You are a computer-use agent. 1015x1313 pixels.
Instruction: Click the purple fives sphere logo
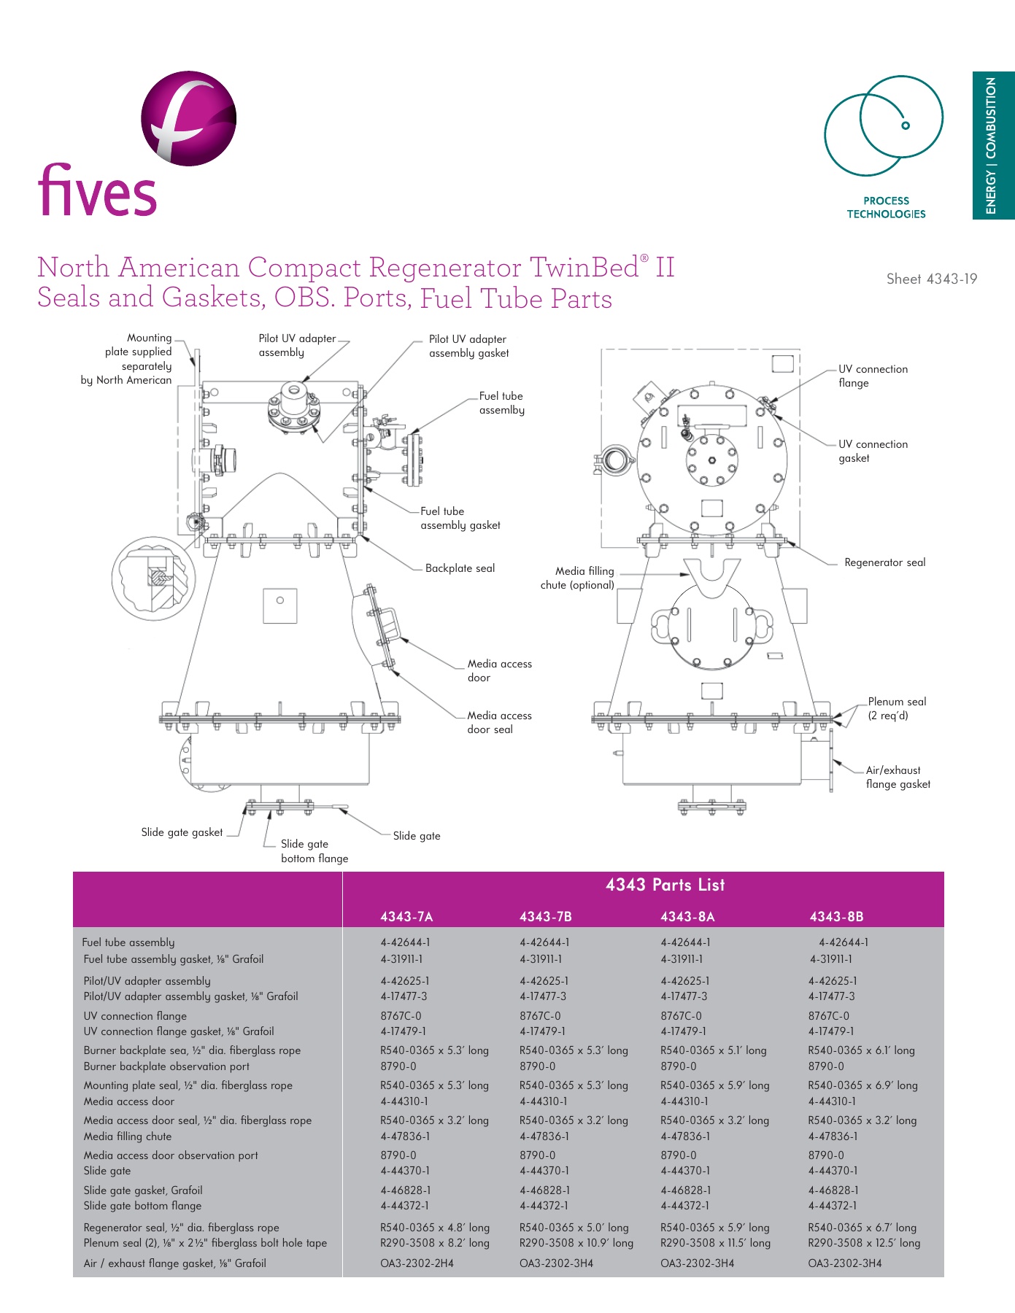pyautogui.click(x=188, y=118)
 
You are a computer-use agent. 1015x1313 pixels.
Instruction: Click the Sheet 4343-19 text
pyautogui.click(x=931, y=279)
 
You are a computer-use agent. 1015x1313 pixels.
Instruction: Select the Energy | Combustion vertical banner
pyautogui.click(x=992, y=145)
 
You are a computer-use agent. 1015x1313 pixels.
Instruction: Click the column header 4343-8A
pyautogui.click(x=687, y=916)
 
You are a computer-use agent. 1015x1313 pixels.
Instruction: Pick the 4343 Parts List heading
pyautogui.click(x=665, y=885)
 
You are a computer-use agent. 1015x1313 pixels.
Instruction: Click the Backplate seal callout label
pyautogui.click(x=460, y=568)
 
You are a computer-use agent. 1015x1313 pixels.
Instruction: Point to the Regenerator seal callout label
pyautogui.click(x=884, y=562)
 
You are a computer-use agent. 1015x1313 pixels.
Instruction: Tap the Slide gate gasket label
pyautogui.click(x=182, y=832)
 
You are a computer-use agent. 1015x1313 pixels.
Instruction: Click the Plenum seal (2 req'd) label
pyautogui.click(x=896, y=708)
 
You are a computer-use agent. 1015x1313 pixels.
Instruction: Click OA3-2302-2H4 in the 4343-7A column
pyautogui.click(x=417, y=1263)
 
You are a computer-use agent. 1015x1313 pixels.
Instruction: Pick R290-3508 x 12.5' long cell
pyautogui.click(x=864, y=1242)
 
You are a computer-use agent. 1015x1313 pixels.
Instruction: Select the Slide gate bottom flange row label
pyautogui.click(x=142, y=1206)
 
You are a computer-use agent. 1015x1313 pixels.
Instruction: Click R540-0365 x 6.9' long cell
pyautogui.click(x=862, y=1085)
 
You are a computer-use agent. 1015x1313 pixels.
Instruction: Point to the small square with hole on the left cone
pyautogui.click(x=280, y=605)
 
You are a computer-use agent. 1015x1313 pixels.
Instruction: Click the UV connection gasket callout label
pyautogui.click(x=873, y=451)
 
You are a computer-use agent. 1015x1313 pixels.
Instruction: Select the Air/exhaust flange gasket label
pyautogui.click(x=898, y=777)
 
